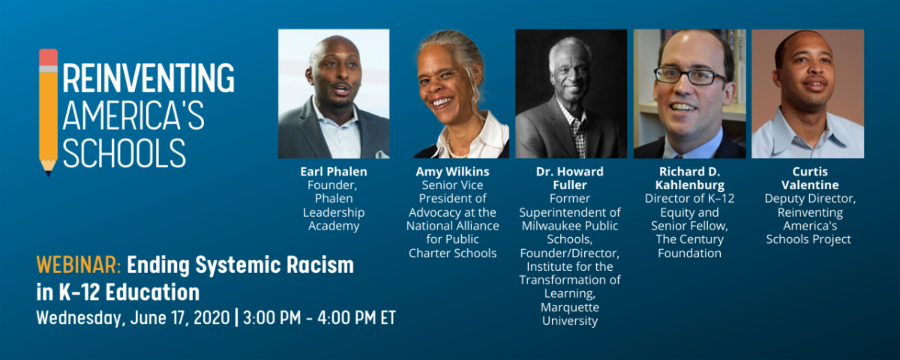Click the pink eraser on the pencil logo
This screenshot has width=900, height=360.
[x=48, y=58]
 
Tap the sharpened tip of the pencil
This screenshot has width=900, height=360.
[x=49, y=173]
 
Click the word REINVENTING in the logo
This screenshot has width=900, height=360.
[x=148, y=77]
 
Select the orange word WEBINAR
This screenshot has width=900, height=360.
[x=79, y=265]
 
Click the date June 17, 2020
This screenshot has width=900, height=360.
[x=180, y=318]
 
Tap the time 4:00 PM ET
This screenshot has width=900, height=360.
[x=356, y=318]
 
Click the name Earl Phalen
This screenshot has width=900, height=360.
[x=334, y=172]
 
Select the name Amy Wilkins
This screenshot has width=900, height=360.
[x=452, y=172]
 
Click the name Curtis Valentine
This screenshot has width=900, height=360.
[x=809, y=178]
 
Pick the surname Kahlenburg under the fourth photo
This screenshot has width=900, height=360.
[x=690, y=184]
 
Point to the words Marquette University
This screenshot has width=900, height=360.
[x=570, y=313]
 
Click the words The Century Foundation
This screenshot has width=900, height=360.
[x=689, y=246]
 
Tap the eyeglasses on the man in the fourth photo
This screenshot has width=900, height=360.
[x=690, y=76]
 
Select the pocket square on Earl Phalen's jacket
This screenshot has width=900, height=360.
[x=381, y=154]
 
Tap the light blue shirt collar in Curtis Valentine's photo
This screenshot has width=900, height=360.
[x=808, y=128]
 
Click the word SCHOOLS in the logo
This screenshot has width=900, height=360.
[x=124, y=153]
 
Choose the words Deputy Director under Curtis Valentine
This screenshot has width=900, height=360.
[x=809, y=199]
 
